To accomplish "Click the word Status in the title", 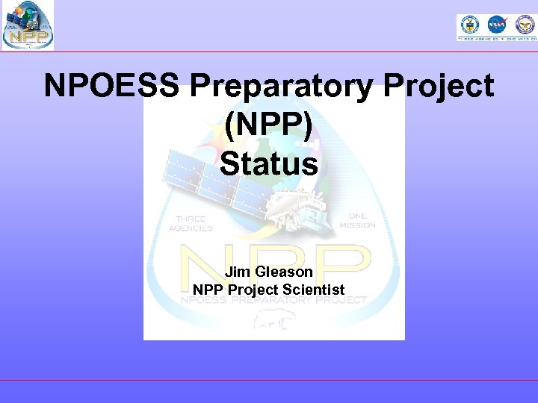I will click(x=269, y=164).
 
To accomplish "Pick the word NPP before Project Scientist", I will click(x=209, y=290).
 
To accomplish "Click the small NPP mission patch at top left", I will click(x=28, y=25).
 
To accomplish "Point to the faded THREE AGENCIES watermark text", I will click(x=194, y=224).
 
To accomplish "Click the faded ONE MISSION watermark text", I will click(x=357, y=220).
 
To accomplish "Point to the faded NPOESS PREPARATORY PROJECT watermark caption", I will click(x=273, y=301).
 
